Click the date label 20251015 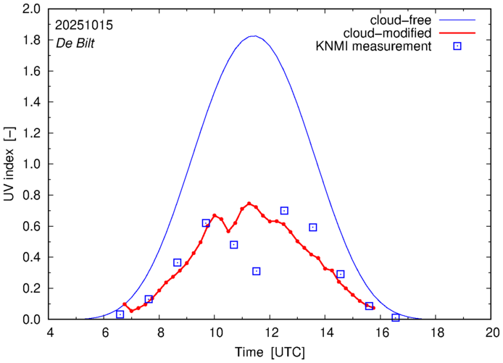[x=83, y=25]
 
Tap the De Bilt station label [x=76, y=42]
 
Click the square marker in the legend [x=457, y=47]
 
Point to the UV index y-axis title [x=10, y=164]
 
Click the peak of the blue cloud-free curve [x=252, y=36]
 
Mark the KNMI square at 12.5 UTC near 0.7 [x=284, y=211]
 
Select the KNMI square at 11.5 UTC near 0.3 [x=257, y=271]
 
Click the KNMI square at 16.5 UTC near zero [x=396, y=317]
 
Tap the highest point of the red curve [x=249, y=204]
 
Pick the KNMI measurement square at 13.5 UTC [x=312, y=227]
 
